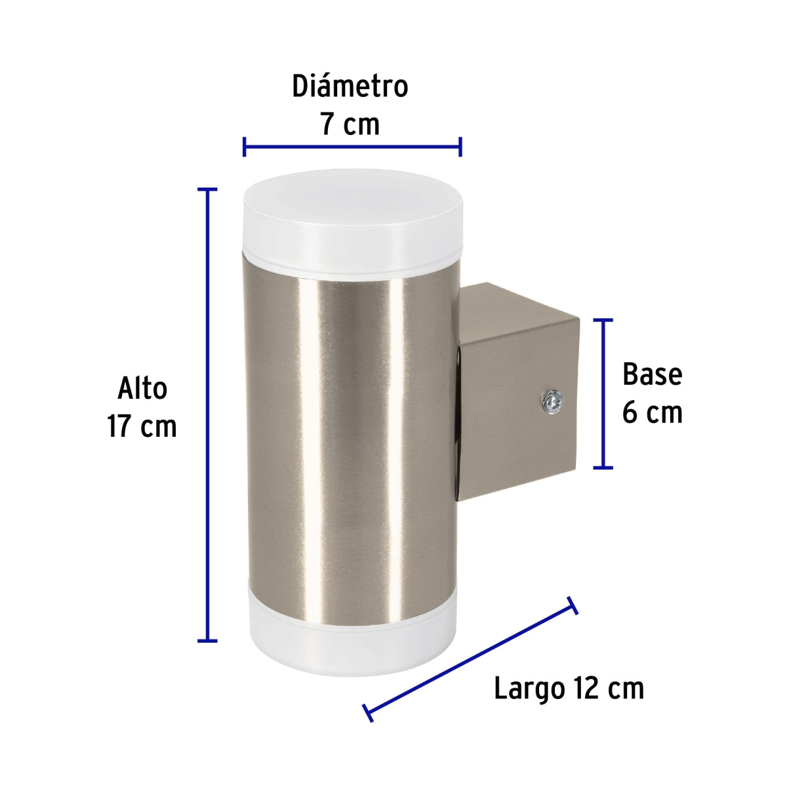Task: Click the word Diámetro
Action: coord(350,87)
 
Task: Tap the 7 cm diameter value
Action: coord(350,124)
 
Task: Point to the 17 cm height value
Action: coord(142,426)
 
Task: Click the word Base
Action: coord(652,374)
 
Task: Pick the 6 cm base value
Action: coord(652,413)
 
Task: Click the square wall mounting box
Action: coord(518,393)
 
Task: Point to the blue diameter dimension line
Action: coord(352,147)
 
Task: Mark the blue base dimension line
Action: coord(603,393)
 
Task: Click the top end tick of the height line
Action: coord(208,190)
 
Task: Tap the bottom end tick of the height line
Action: coord(208,640)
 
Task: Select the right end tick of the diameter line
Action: coord(460,147)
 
